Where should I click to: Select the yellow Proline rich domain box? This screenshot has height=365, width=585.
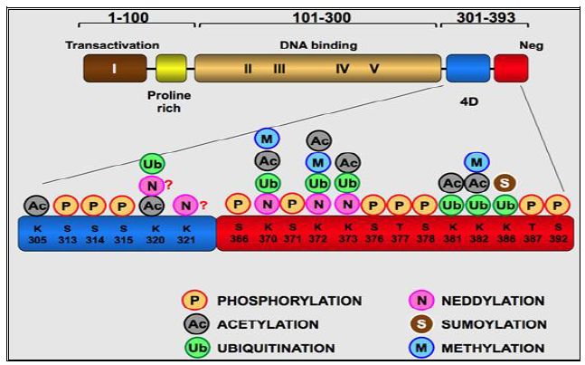point(170,68)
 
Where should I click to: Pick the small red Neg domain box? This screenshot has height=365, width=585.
point(510,68)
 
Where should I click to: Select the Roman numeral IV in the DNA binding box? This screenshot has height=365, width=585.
point(342,69)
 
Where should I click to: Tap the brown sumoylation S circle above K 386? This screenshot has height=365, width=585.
point(505,183)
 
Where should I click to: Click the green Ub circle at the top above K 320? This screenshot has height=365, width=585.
point(152,164)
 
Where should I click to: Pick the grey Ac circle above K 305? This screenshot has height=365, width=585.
point(36,206)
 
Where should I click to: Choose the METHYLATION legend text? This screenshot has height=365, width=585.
point(494,348)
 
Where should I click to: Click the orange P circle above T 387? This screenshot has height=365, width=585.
point(533,206)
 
